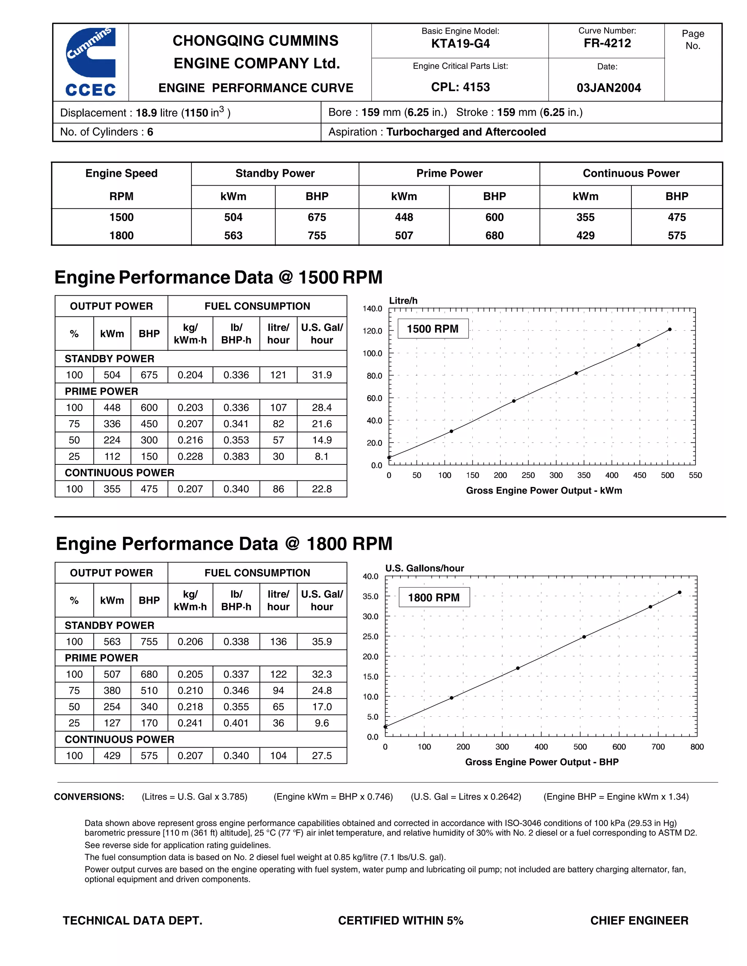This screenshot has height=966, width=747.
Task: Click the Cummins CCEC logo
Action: tap(91, 62)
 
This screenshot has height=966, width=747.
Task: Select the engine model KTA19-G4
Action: tap(460, 44)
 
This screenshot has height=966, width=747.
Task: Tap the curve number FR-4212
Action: tap(607, 43)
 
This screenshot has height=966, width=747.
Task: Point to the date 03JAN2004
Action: tap(608, 87)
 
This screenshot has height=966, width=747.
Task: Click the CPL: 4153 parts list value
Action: tap(460, 87)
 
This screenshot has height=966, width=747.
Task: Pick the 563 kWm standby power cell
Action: tap(233, 236)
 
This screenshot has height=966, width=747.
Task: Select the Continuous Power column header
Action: tap(631, 174)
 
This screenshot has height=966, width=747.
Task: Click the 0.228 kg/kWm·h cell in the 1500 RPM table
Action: tap(190, 456)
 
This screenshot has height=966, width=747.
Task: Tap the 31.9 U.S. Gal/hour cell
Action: tap(322, 375)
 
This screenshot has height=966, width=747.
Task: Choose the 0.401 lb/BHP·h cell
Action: tap(236, 723)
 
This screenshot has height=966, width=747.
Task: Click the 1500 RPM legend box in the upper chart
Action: tap(433, 329)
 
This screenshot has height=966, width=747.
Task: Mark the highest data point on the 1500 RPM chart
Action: tap(670, 330)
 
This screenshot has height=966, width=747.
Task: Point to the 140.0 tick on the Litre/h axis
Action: tap(373, 309)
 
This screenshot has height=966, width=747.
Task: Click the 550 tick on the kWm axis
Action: tap(695, 475)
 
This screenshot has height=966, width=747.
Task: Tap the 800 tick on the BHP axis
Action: tap(697, 747)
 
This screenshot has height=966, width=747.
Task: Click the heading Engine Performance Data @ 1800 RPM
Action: tap(224, 544)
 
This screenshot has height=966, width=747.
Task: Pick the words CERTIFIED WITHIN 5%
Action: tap(400, 921)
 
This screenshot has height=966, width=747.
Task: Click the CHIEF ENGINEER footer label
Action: tap(639, 921)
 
